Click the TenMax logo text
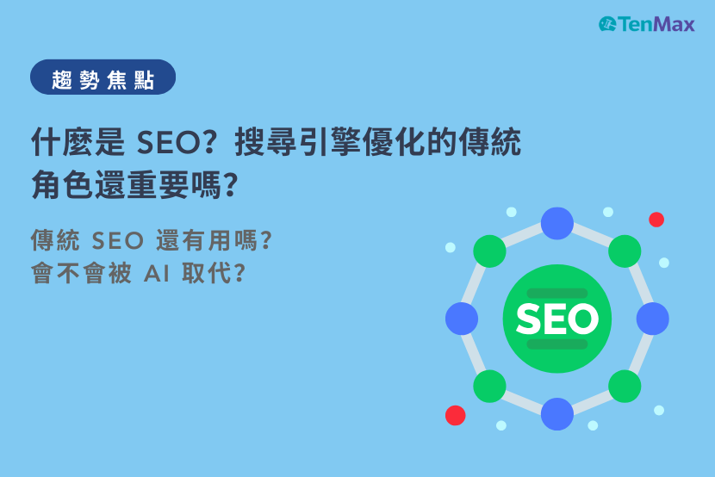(656, 24)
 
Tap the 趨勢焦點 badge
(103, 77)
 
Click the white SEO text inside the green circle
(556, 319)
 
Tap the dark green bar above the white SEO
(556, 294)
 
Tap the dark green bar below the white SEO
(556, 344)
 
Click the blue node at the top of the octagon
(557, 224)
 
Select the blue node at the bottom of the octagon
(557, 414)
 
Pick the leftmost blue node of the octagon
(462, 319)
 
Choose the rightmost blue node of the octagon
(653, 319)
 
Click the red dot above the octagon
(656, 220)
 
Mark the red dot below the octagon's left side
(455, 416)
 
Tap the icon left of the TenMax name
(607, 24)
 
